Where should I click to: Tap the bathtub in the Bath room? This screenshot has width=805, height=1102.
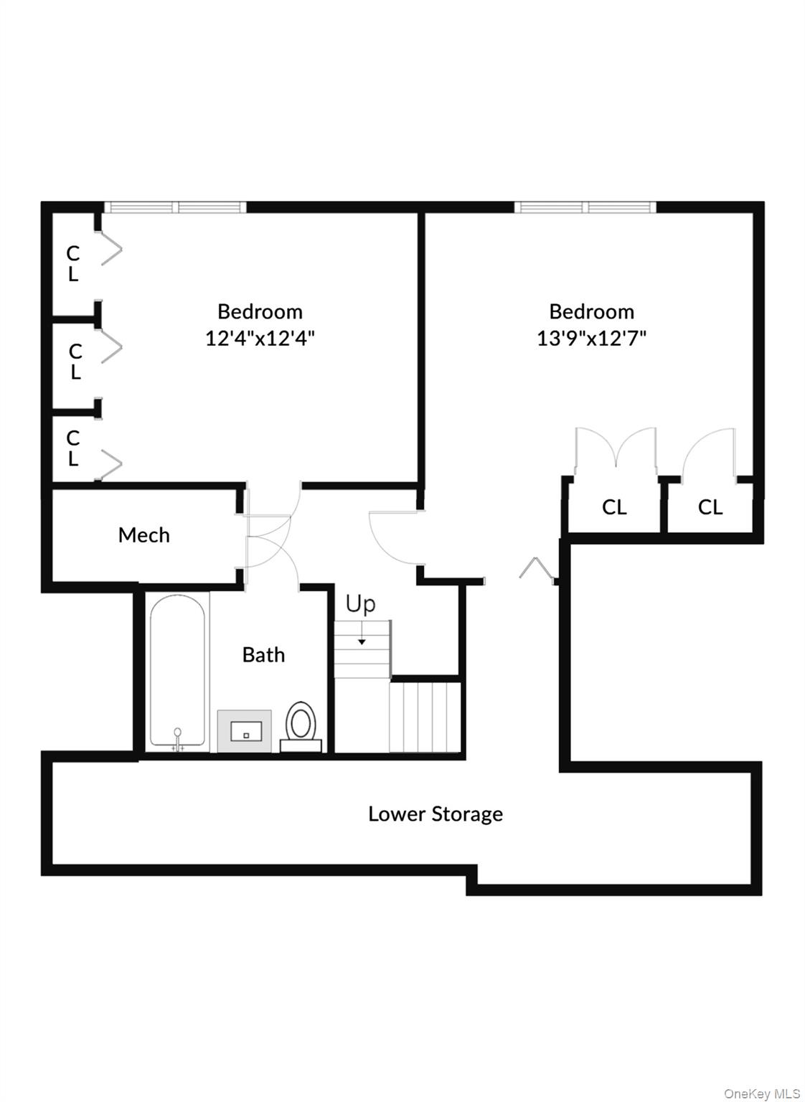(177, 671)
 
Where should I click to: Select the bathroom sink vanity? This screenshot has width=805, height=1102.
(245, 731)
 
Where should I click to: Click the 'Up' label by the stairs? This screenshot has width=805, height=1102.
(360, 604)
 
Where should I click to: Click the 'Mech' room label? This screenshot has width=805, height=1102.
(143, 535)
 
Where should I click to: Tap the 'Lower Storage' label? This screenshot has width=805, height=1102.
(435, 814)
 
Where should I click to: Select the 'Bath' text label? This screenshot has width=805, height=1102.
(263, 655)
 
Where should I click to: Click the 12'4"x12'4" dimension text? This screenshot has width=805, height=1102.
(260, 338)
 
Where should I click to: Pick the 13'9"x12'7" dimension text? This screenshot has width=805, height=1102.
(592, 338)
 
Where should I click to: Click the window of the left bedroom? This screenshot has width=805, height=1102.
(176, 207)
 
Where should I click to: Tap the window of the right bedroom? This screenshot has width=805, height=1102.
(585, 207)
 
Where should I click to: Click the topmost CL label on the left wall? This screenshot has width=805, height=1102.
(72, 263)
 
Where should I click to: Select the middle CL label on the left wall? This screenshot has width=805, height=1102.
(75, 362)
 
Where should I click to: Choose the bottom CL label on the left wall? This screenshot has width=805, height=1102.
(72, 448)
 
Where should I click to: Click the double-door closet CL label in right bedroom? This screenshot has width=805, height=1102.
(614, 508)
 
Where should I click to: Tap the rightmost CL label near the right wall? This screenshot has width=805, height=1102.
(710, 508)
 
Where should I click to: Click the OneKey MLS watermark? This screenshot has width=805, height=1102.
(761, 1093)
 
